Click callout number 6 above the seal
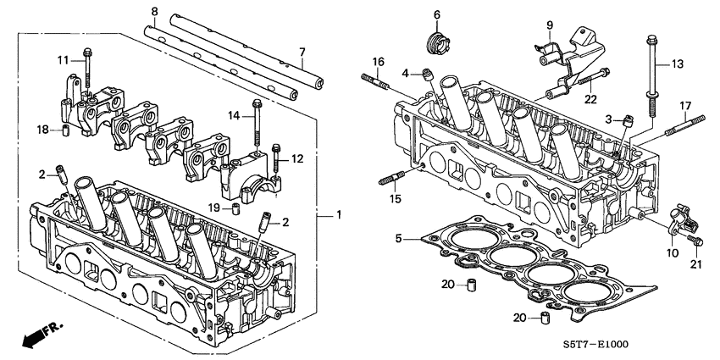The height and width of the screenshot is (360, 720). pos(437,14)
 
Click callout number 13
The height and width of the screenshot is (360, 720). pos(677,64)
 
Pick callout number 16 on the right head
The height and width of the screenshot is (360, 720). pos(379,61)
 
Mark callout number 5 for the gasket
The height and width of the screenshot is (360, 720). pos(399,239)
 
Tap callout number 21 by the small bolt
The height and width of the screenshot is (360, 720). pos(695,265)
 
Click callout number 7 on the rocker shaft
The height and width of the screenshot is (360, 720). pos(302,53)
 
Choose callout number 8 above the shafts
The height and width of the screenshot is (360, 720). pos(154,12)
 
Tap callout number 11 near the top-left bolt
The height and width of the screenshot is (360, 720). pos(63,58)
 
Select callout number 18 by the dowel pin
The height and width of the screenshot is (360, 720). pos(42,128)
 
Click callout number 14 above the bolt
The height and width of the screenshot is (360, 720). pos(235,114)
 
